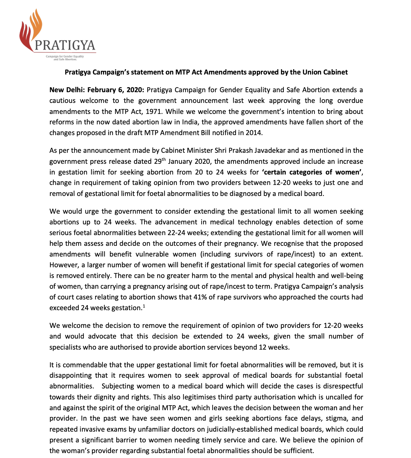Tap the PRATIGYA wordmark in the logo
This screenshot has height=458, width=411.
(65, 45)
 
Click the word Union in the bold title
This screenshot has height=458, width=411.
(313, 72)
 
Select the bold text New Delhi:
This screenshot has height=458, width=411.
(66, 90)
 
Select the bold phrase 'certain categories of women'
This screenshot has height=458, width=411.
(312, 172)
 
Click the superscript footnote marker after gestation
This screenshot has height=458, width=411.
(143, 306)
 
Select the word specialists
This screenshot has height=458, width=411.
(65, 347)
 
